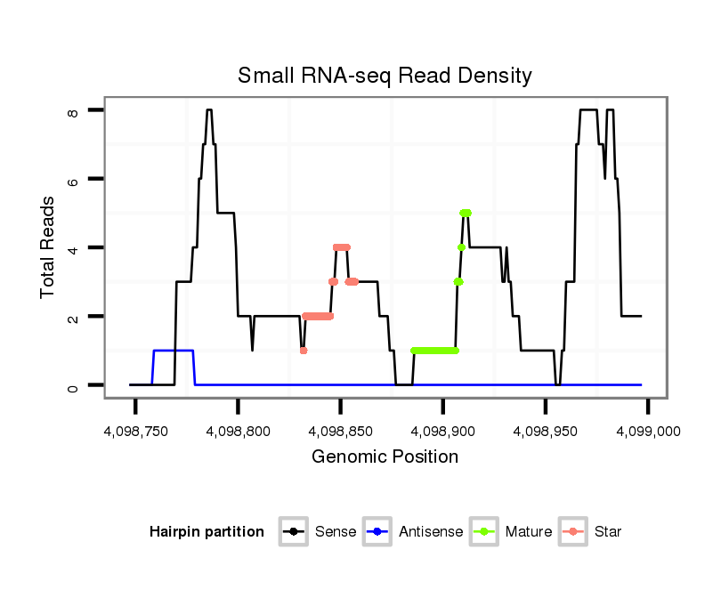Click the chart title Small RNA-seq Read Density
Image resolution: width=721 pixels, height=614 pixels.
click(x=385, y=76)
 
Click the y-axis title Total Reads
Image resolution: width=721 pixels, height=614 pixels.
click(x=49, y=246)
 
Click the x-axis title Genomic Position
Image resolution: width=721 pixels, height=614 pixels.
click(x=385, y=457)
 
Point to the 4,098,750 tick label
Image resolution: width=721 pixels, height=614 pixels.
click(x=135, y=431)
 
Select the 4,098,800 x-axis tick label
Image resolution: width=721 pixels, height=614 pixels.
click(x=238, y=431)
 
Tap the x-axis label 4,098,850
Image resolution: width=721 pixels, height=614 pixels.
click(x=340, y=431)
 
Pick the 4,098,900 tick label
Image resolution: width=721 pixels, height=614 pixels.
click(x=442, y=431)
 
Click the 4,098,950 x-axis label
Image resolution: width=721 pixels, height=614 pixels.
click(x=545, y=431)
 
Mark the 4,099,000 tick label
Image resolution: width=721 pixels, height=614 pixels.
click(x=647, y=431)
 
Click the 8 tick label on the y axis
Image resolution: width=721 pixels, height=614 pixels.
click(x=73, y=110)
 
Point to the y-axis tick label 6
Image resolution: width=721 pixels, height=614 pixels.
click(x=73, y=179)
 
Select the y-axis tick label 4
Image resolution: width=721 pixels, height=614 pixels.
click(x=73, y=247)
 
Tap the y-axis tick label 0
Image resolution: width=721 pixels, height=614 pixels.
click(x=73, y=385)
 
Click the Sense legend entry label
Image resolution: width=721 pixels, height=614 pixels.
click(x=336, y=532)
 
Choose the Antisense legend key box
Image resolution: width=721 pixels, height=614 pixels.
click(x=377, y=532)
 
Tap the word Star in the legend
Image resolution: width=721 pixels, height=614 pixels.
click(x=608, y=532)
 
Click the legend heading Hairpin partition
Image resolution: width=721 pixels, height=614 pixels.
click(x=207, y=532)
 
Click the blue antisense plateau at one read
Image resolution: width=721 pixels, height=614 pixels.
click(x=174, y=351)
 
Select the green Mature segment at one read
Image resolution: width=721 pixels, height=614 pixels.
click(x=434, y=351)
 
